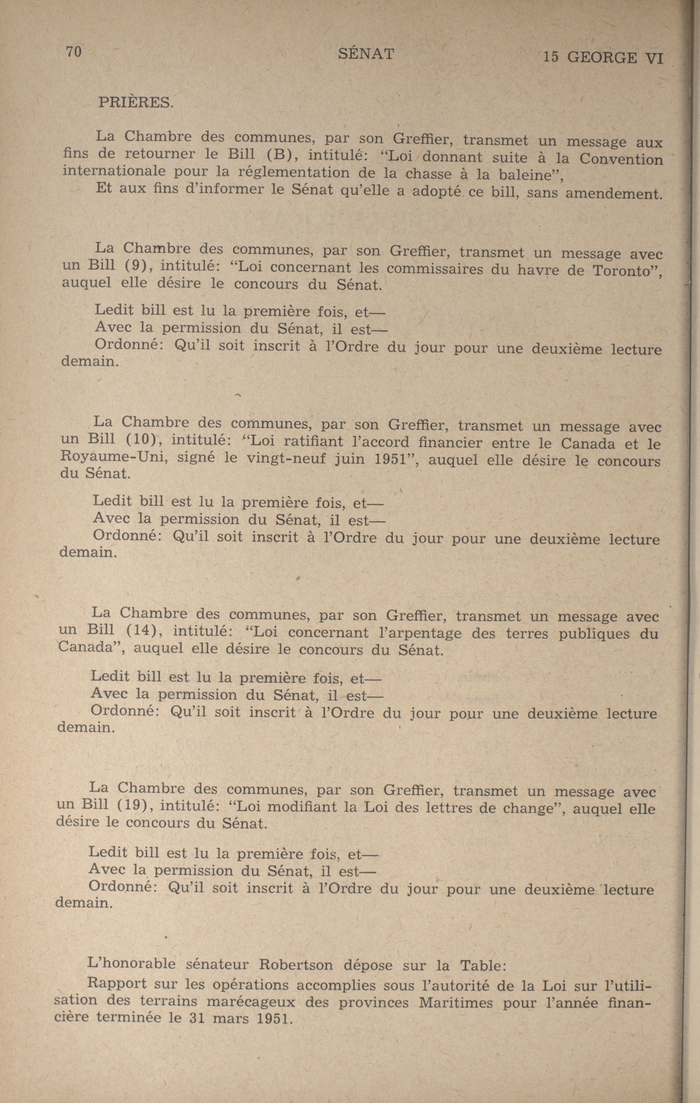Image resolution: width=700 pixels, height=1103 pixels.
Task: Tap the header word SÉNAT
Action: pyautogui.click(x=366, y=55)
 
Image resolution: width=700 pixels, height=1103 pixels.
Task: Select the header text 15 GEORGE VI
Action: pyautogui.click(x=603, y=58)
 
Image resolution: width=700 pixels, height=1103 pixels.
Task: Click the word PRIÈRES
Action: pyautogui.click(x=136, y=102)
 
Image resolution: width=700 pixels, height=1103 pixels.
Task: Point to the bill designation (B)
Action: pyautogui.click(x=279, y=154)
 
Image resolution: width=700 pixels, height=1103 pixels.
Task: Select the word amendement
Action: pyautogui.click(x=614, y=194)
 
